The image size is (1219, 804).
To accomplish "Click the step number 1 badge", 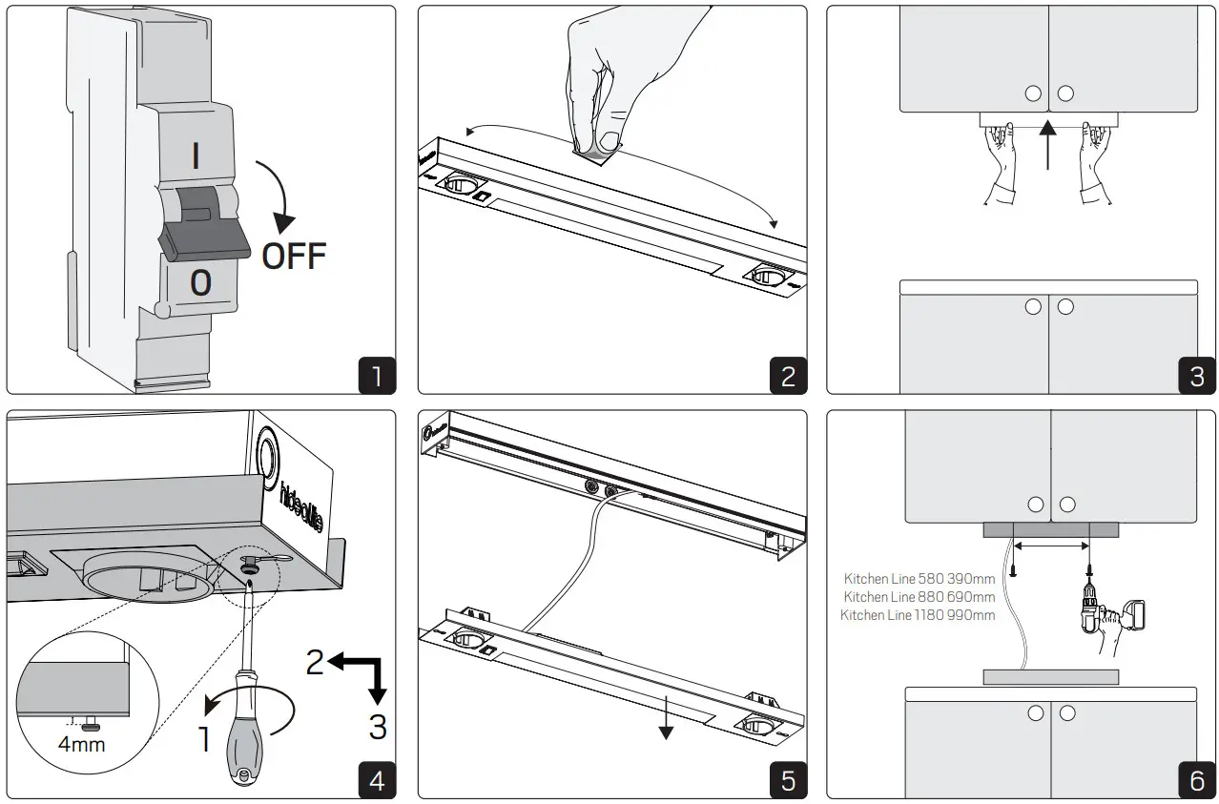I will tap(376, 375).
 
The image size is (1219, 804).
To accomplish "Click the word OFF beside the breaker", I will tap(294, 256).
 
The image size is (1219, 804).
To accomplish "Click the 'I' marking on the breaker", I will tap(196, 155).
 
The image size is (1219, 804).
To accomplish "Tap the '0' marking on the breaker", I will tap(200, 283).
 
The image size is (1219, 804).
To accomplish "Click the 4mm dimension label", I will tap(81, 743).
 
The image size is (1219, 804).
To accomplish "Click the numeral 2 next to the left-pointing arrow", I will tap(316, 661).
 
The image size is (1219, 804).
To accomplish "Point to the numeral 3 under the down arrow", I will tap(378, 727).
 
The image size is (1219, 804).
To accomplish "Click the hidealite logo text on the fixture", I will tap(289, 502).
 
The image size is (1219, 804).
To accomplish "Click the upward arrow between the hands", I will tap(1047, 145).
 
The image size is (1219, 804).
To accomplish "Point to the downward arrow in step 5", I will tap(666, 721).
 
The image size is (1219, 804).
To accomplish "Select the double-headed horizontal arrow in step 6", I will tap(1051, 546).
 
